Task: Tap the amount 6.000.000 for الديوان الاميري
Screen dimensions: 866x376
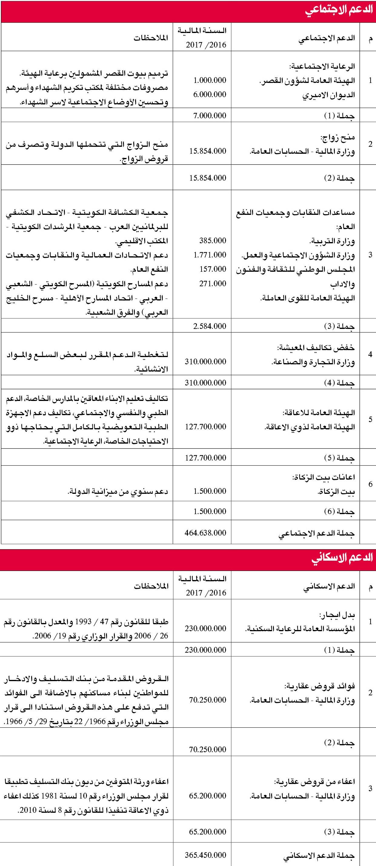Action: click(210, 94)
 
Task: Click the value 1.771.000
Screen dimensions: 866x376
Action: click(210, 255)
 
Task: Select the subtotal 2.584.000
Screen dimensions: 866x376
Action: click(210, 326)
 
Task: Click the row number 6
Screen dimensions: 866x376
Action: click(371, 484)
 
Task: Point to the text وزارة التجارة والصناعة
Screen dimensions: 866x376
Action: click(313, 362)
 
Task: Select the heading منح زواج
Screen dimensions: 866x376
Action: click(338, 137)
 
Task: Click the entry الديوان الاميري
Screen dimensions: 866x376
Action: click(328, 95)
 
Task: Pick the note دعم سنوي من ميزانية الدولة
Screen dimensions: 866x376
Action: click(118, 491)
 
